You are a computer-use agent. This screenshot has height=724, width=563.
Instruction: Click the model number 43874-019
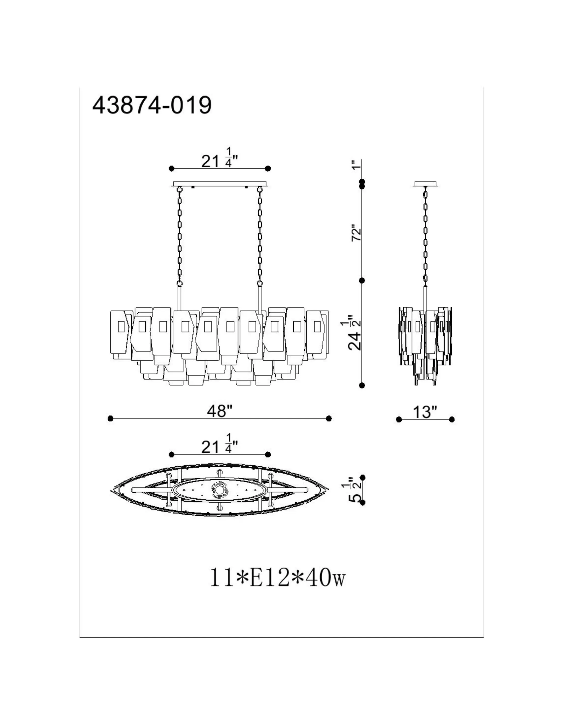pyautogui.click(x=152, y=106)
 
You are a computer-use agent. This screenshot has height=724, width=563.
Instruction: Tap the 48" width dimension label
pyautogui.click(x=220, y=411)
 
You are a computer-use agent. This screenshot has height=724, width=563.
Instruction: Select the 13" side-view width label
pyautogui.click(x=425, y=412)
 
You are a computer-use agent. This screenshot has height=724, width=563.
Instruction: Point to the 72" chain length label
pyautogui.click(x=356, y=234)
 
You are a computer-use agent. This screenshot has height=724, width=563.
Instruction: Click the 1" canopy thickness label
pyautogui.click(x=356, y=164)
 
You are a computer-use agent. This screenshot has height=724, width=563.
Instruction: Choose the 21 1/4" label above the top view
pyautogui.click(x=220, y=444)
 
